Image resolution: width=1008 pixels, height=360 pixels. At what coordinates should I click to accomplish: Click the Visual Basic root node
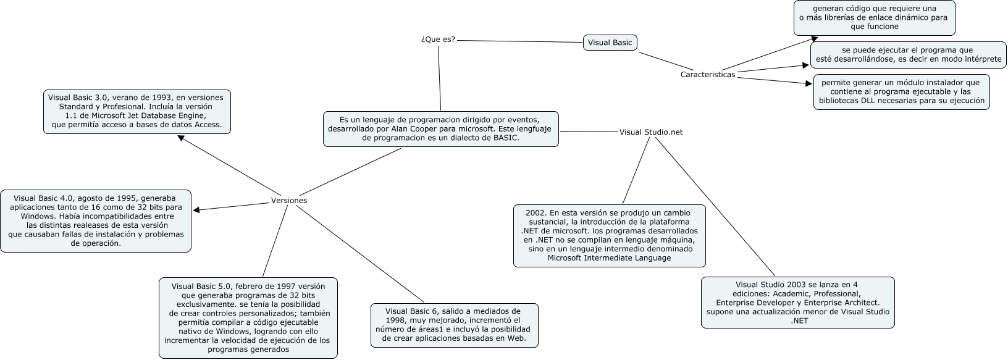[610, 43]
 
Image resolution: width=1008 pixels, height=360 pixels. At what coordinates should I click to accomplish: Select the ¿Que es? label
[438, 40]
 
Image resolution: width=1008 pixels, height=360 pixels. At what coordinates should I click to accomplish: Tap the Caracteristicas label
[707, 75]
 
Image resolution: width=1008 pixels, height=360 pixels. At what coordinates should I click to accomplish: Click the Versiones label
[289, 201]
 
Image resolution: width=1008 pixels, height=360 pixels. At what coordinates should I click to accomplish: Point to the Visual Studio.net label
[650, 132]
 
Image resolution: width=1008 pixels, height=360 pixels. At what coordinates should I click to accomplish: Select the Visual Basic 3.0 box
[137, 111]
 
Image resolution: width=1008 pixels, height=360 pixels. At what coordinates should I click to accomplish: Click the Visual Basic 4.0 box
[96, 221]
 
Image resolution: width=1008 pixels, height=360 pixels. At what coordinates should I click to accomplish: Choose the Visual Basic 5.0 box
[248, 317]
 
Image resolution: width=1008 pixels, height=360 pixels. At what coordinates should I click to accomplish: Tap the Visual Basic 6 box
[453, 325]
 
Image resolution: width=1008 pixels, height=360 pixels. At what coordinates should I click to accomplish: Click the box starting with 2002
[609, 235]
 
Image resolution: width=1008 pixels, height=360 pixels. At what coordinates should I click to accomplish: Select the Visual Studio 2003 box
[797, 303]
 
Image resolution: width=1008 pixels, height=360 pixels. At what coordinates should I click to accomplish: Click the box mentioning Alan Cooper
[440, 129]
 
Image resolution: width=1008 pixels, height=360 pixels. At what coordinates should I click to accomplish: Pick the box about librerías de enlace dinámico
[874, 18]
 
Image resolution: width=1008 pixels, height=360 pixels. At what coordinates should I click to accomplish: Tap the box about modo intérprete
[908, 55]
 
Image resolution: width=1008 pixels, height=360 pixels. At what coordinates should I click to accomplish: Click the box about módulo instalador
[901, 92]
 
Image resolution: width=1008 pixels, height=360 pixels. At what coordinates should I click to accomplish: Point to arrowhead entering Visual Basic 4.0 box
[196, 210]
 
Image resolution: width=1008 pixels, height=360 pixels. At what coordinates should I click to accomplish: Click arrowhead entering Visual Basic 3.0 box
[180, 138]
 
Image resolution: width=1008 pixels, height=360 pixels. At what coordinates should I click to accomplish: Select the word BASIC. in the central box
[505, 138]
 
